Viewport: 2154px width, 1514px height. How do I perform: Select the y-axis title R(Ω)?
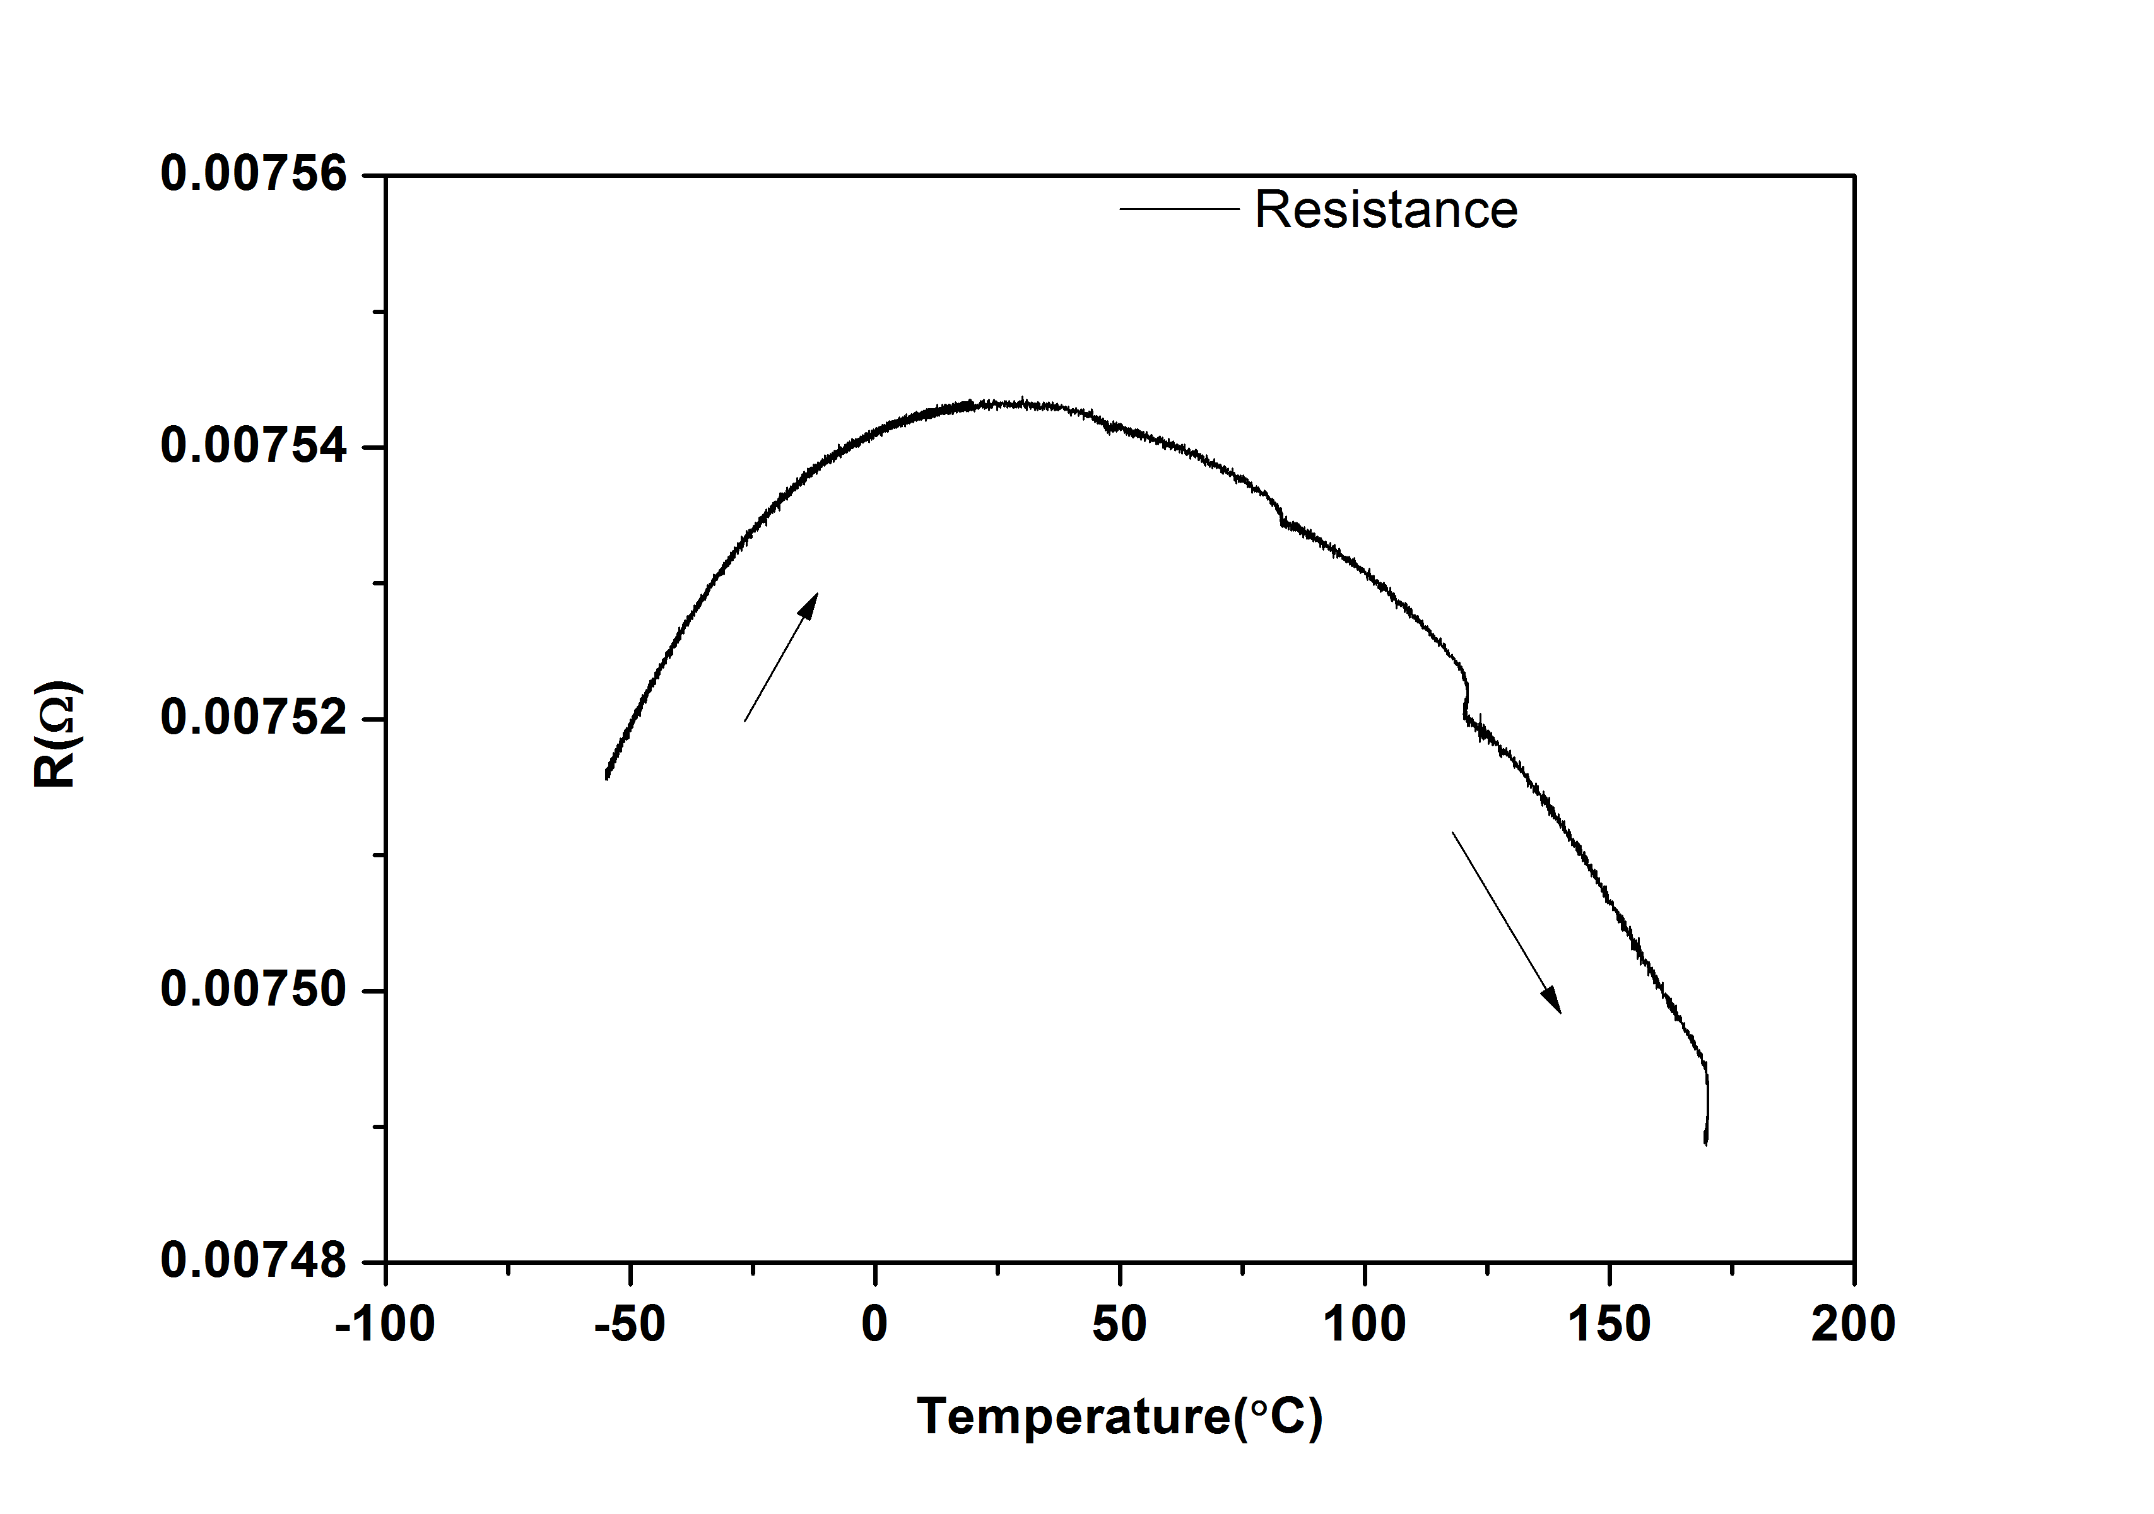(56, 734)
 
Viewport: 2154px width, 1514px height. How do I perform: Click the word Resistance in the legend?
(1386, 209)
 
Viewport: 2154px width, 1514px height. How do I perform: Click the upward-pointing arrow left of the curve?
(780, 657)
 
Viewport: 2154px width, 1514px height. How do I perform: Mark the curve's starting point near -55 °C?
(607, 777)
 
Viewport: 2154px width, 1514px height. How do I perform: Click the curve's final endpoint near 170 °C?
(1705, 1142)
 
